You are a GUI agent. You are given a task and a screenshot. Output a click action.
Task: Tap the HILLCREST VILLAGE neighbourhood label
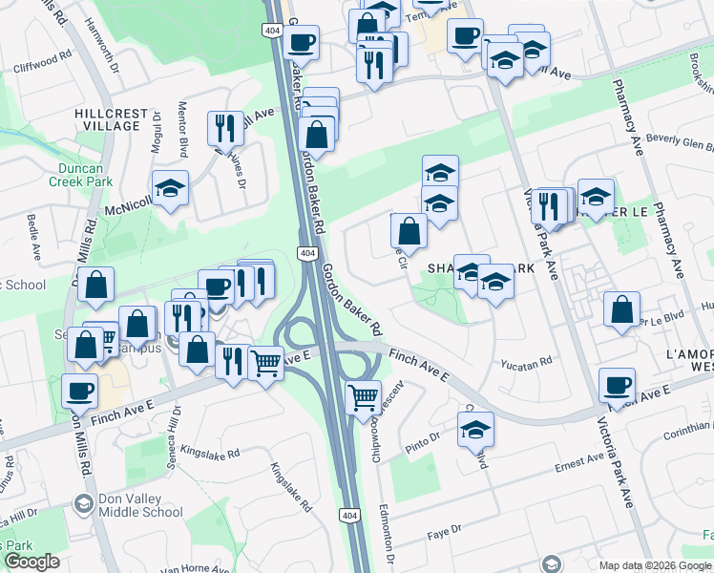[x=108, y=119]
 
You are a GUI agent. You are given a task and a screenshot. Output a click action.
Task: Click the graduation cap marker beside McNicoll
[x=170, y=188]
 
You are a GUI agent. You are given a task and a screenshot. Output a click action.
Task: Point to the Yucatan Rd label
[x=527, y=363]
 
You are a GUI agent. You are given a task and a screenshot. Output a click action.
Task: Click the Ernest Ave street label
[x=579, y=462]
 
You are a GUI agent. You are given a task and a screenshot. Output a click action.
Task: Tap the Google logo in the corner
[x=31, y=562]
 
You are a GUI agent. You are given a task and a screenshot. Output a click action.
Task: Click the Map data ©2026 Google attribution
[x=655, y=565]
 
